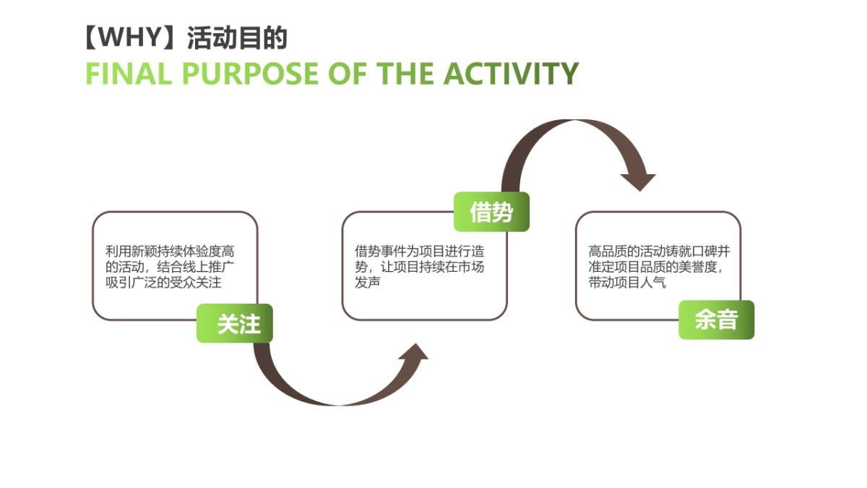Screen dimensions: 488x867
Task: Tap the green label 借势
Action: click(x=491, y=212)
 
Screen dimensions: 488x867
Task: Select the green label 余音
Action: click(x=716, y=320)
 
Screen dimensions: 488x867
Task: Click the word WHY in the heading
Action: click(x=130, y=37)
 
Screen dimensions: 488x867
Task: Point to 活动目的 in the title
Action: click(x=236, y=38)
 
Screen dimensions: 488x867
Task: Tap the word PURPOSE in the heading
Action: click(x=251, y=74)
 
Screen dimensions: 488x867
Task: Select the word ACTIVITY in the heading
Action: click(x=510, y=74)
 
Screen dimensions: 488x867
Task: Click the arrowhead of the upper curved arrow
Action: click(x=638, y=181)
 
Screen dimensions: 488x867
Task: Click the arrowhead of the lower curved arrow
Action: click(x=414, y=351)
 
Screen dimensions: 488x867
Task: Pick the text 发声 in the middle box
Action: click(x=367, y=283)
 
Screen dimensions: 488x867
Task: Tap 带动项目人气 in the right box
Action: click(x=626, y=283)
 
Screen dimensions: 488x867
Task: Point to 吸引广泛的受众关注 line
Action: click(x=163, y=283)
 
